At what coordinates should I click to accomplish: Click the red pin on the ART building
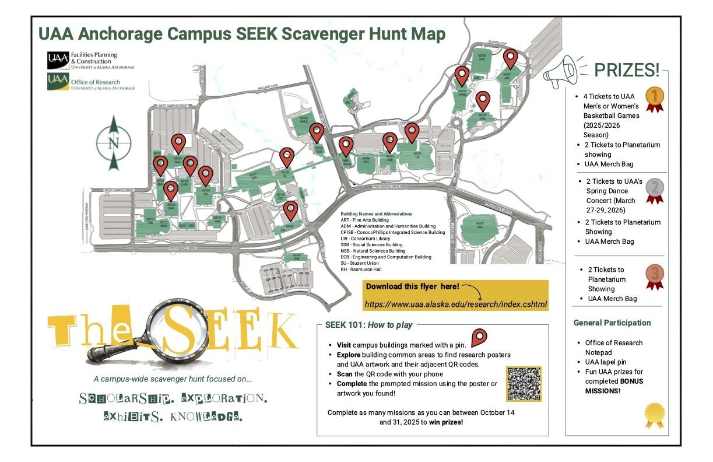[511, 59]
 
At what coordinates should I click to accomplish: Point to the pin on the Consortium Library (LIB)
[412, 132]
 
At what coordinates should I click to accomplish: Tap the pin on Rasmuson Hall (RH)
[205, 174]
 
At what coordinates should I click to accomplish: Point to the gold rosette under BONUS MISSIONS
[654, 413]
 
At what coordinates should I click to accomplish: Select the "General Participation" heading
[612, 323]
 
